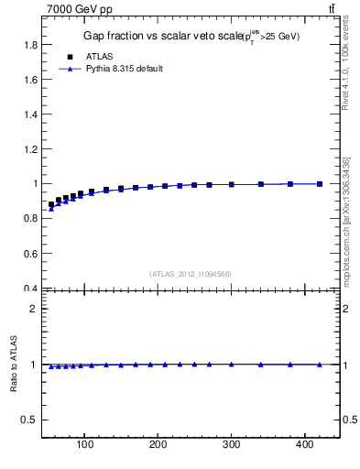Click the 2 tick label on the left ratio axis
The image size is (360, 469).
34,309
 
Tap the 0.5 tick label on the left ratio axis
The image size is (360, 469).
29,420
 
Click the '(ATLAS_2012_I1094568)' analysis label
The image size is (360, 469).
190,273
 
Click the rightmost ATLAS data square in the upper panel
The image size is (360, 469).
320,184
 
